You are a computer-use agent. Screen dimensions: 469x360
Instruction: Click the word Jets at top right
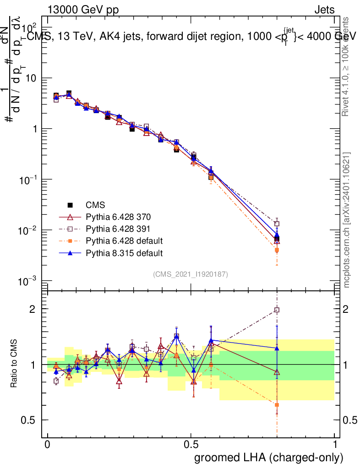point(324,11)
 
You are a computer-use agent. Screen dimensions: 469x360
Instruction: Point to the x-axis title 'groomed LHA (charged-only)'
point(269,457)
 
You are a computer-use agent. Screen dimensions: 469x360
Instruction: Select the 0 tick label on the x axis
point(47,445)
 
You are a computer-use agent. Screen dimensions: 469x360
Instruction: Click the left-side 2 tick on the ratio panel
point(33,309)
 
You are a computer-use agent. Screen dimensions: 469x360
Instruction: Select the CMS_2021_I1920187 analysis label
point(191,274)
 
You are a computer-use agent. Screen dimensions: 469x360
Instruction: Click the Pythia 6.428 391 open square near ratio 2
point(277,310)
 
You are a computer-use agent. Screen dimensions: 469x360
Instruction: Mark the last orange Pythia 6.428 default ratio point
point(277,405)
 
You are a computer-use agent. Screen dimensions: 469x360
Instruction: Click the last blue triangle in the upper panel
point(277,235)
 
